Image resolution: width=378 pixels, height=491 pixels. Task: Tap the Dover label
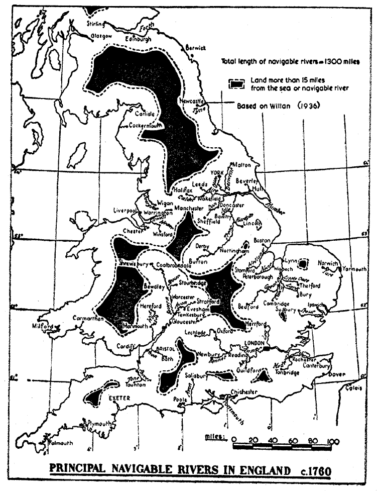click(x=336, y=374)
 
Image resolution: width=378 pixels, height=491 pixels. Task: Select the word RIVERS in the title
click(x=192, y=470)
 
